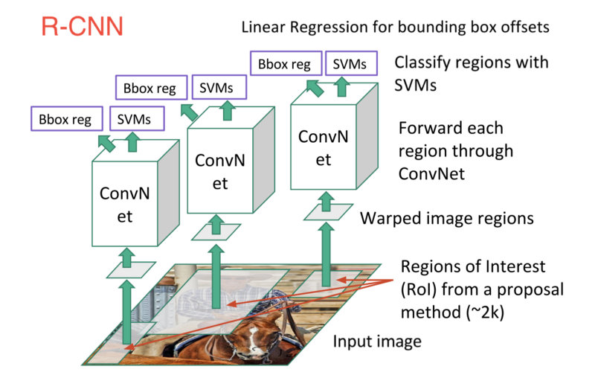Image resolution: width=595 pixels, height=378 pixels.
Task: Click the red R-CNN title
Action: coord(82,28)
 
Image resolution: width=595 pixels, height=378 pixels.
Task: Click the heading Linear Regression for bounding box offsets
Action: coord(394,28)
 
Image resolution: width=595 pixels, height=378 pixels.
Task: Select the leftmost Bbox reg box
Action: coord(66,119)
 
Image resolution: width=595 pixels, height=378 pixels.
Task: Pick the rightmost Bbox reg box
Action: coord(285,64)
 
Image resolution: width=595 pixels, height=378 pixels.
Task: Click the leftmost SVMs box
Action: coord(134,119)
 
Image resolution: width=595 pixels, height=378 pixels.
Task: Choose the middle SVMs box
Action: coord(216,89)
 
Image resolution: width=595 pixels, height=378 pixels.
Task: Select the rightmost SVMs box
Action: coord(350,64)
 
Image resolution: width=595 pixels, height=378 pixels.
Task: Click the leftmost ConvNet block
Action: coord(124,205)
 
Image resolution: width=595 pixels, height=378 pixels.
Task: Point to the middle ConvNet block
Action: coord(219,171)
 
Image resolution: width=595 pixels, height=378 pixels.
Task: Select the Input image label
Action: coord(377,342)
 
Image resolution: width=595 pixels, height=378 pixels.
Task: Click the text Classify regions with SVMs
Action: coord(471,74)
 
